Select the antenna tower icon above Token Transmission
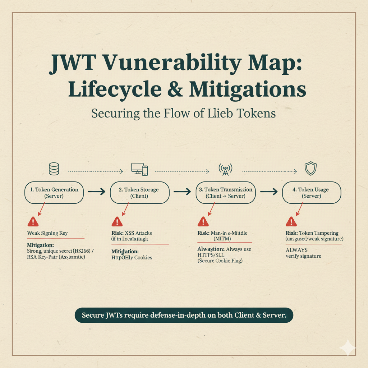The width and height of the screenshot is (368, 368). (x=225, y=169)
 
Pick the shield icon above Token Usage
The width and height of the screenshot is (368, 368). (x=310, y=169)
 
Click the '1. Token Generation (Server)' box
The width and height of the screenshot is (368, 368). (x=54, y=193)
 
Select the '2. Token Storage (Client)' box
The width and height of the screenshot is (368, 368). (x=139, y=193)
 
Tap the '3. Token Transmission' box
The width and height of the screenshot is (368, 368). (x=225, y=193)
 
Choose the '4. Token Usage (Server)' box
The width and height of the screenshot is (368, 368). (x=311, y=193)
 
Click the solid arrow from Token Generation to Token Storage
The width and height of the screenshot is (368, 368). (x=96, y=192)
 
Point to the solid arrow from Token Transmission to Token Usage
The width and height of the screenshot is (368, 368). (x=268, y=192)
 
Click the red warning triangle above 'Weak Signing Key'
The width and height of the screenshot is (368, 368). (x=33, y=221)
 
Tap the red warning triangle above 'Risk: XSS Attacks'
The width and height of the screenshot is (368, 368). (x=117, y=221)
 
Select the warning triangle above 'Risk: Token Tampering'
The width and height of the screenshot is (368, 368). (x=291, y=221)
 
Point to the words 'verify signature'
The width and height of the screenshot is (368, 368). (x=303, y=256)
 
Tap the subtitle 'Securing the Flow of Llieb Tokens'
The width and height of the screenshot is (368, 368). (x=183, y=113)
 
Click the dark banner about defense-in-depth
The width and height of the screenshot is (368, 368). (x=184, y=315)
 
